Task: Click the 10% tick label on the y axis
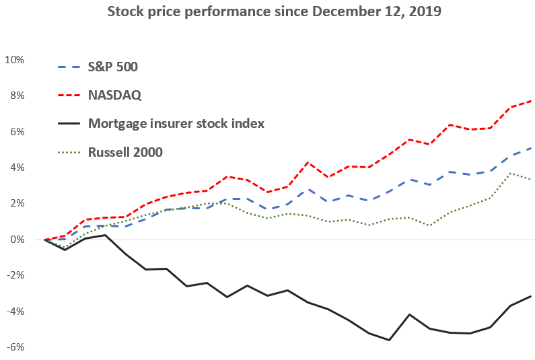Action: [x=15, y=60]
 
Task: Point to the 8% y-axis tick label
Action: [x=17, y=96]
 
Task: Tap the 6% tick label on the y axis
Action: [x=17, y=132]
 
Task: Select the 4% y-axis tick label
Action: [x=17, y=168]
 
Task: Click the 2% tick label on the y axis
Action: [x=17, y=204]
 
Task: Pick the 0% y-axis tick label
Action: [x=17, y=240]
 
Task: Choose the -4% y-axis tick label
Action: [x=15, y=312]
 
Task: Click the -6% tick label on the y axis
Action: [x=15, y=347]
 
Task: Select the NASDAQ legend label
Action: [x=115, y=95]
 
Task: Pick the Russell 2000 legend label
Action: [x=126, y=152]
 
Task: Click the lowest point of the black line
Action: [x=389, y=340]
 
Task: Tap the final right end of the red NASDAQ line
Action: [x=531, y=101]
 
